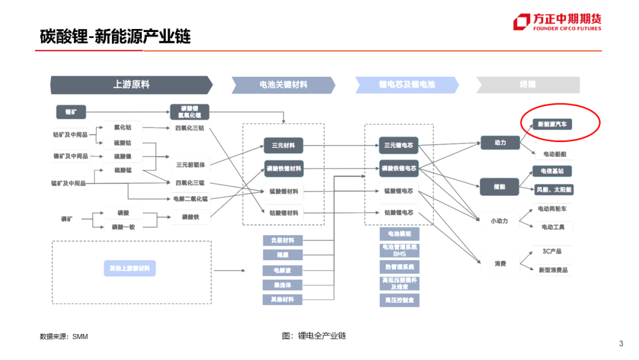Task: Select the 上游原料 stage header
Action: pos(131,85)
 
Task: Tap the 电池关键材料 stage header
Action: pos(283,85)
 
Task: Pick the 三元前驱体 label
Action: pos(190,164)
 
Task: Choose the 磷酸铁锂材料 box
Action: pos(283,169)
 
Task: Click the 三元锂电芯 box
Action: pos(398,145)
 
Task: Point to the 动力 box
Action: pos(500,143)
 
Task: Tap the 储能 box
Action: pos(500,187)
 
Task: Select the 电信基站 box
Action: pos(552,171)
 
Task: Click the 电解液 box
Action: pos(282,270)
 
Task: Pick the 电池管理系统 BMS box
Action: pos(399,250)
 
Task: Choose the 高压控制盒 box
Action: pos(399,301)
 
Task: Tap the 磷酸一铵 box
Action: pos(124,227)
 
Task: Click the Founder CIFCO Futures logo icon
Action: pos(521,22)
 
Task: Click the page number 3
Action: pos(621,344)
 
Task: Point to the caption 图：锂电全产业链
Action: pos(314,336)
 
